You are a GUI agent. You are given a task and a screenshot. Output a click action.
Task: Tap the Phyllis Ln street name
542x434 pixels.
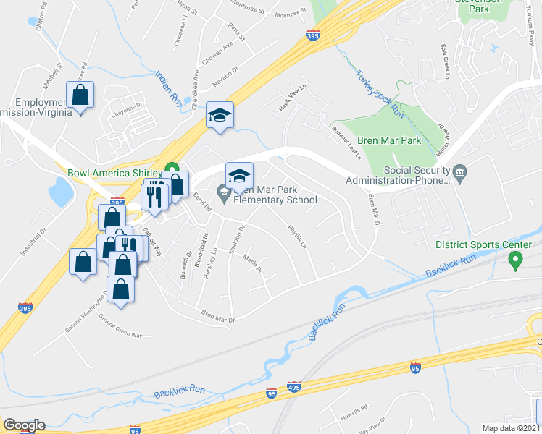(298, 236)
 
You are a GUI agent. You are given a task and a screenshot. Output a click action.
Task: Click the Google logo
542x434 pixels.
(24, 425)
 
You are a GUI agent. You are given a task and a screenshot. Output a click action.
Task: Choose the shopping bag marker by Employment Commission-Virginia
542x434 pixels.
(80, 95)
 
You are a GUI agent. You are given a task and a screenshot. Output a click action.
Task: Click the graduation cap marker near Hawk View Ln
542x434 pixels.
(220, 115)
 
